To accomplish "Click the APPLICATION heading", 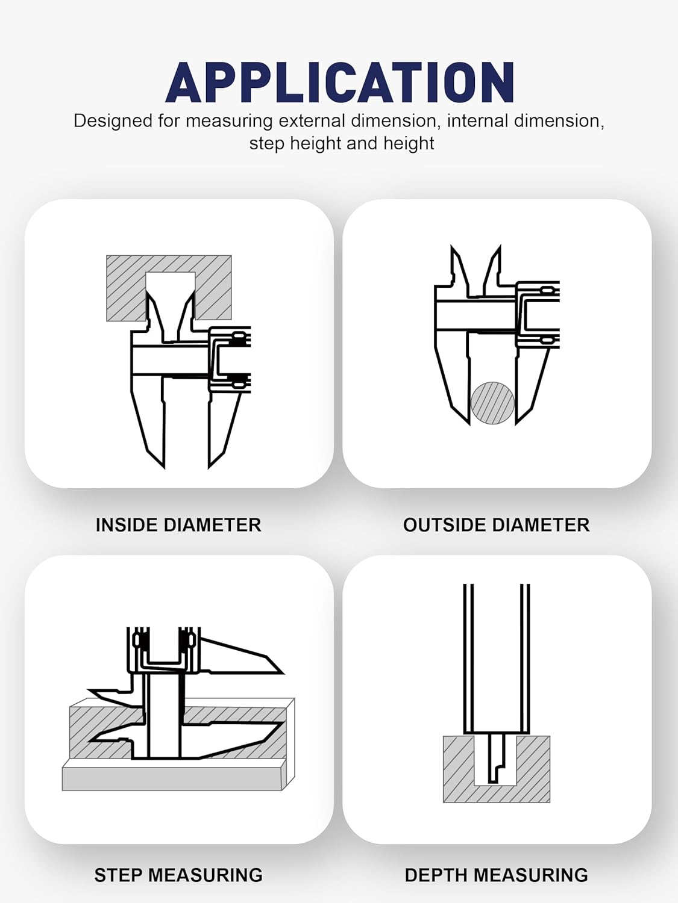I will tap(340, 82).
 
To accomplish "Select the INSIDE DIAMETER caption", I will tap(178, 525).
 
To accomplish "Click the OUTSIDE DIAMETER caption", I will tap(496, 525).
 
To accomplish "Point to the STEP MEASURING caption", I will tap(178, 875).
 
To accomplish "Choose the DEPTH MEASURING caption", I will tap(496, 875).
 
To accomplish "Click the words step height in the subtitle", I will tap(295, 144).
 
